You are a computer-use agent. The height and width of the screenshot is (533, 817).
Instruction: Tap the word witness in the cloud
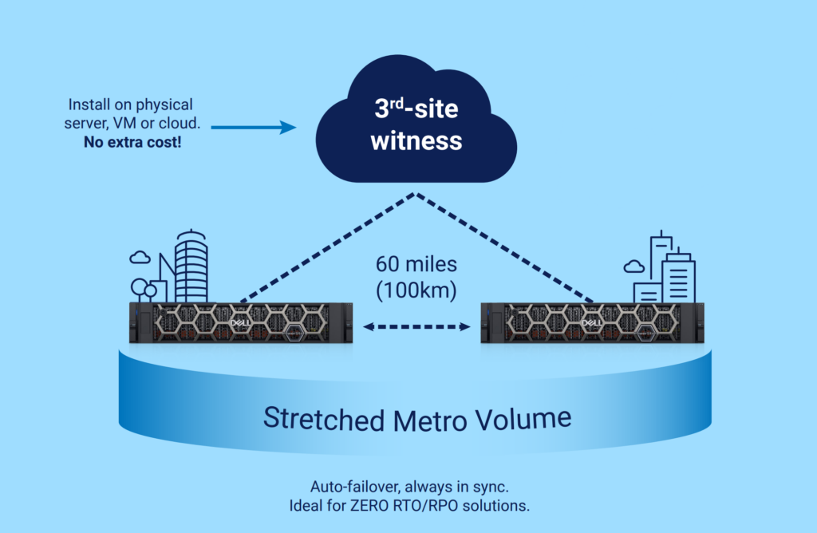coord(416,141)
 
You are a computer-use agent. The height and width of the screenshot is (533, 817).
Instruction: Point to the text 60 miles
coord(416,263)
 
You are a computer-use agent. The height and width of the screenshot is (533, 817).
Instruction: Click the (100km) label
coord(416,290)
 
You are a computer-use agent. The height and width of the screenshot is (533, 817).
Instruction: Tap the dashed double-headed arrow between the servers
coord(416,326)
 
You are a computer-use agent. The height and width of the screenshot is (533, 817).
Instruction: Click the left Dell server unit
coord(239,322)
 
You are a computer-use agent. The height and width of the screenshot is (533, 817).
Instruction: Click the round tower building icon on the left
coord(190,264)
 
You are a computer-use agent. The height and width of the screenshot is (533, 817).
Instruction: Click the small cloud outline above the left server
coord(140,257)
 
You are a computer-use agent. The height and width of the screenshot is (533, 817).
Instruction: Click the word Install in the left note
coord(87,105)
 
